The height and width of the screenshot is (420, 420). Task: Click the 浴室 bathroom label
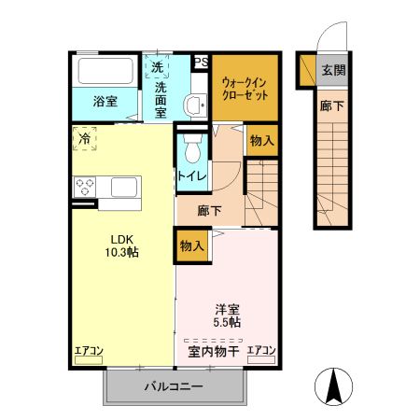(x=105, y=102)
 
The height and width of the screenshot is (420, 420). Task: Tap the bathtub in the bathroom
(x=105, y=72)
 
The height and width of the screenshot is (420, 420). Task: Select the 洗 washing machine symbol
(x=158, y=67)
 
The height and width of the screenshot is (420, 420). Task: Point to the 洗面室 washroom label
(x=160, y=97)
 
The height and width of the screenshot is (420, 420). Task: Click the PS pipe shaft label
(x=200, y=63)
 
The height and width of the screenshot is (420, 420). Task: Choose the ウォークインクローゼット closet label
(x=245, y=88)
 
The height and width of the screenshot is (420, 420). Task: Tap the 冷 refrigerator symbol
(x=86, y=139)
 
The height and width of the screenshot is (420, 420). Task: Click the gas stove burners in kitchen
(x=85, y=186)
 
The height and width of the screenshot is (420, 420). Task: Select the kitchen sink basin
(x=124, y=187)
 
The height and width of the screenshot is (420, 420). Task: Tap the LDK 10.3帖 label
(x=122, y=245)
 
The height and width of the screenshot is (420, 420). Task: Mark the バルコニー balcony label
(x=174, y=386)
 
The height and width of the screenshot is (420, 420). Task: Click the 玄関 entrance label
(x=332, y=71)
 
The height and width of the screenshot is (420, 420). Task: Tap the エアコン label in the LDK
(x=89, y=351)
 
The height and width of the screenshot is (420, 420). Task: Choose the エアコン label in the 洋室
(x=261, y=351)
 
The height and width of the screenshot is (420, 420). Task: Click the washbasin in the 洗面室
(x=196, y=105)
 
